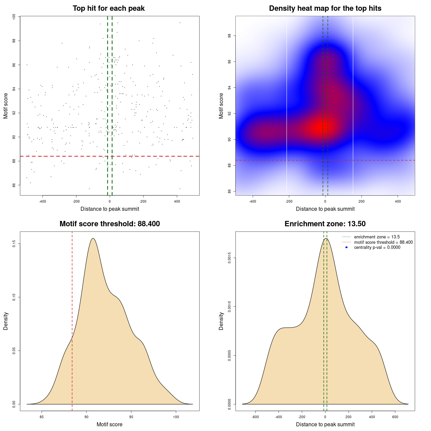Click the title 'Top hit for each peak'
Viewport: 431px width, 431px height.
[108, 8]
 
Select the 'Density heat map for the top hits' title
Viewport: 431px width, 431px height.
[325, 8]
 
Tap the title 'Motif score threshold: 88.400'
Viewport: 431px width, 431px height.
[109, 224]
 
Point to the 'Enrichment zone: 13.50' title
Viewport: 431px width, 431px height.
[325, 224]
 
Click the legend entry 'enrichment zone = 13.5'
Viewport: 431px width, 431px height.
[377, 237]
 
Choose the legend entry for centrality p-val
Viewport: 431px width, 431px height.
[377, 247]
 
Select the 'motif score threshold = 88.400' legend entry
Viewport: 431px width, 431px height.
[383, 242]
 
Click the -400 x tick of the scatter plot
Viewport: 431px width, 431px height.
[42, 201]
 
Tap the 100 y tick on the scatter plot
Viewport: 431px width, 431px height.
[14, 17]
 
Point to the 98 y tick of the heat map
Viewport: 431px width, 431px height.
[230, 36]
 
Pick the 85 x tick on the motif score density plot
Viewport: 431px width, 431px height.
[42, 417]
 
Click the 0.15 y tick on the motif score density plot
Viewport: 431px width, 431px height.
[14, 244]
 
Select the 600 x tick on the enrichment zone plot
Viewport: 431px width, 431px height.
[395, 417]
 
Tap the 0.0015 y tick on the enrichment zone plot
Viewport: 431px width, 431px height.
[230, 258]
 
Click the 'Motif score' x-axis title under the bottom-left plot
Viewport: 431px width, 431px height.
[109, 425]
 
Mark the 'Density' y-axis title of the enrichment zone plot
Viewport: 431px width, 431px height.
[221, 321]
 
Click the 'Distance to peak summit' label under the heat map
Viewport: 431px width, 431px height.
[325, 209]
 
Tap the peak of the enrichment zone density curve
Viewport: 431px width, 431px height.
[326, 238]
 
